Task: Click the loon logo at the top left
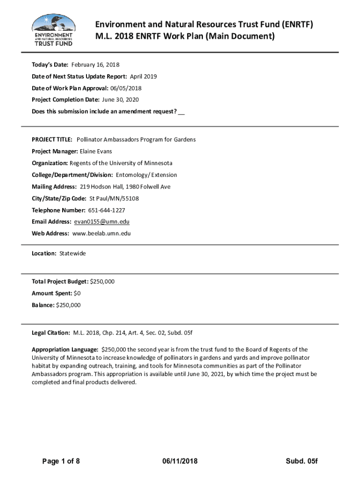click(x=53, y=29)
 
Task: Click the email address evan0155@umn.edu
click(x=101, y=222)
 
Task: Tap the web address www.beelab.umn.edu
click(x=101, y=233)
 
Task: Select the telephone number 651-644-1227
click(x=106, y=210)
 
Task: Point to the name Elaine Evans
click(x=96, y=152)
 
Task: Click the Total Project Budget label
click(x=60, y=282)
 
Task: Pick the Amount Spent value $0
click(x=77, y=293)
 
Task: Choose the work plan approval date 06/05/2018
click(x=125, y=88)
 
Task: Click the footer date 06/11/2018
click(x=180, y=461)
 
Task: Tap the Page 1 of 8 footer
click(x=61, y=461)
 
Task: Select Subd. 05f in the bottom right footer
click(x=302, y=461)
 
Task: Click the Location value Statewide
click(x=72, y=254)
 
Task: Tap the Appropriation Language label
click(x=65, y=349)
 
